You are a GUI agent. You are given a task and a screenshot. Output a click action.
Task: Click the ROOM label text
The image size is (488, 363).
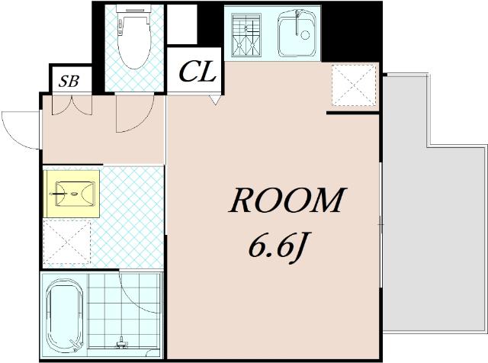(287, 200)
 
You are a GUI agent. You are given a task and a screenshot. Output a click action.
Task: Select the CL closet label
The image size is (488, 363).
(197, 72)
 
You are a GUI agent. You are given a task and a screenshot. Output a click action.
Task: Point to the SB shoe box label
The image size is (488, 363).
(69, 81)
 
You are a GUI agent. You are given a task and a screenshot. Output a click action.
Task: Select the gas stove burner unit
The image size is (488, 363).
(246, 34)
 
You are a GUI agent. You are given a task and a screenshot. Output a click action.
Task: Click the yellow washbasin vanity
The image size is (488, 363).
(72, 194)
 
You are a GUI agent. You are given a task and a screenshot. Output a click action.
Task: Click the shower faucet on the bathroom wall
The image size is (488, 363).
(122, 342)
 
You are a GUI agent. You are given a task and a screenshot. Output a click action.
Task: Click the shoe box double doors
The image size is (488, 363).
(72, 104)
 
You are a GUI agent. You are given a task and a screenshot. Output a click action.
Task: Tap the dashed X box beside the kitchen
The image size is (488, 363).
(354, 85)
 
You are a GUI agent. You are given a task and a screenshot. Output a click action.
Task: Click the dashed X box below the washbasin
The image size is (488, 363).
(67, 243)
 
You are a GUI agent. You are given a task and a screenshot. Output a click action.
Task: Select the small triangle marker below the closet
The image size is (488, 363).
(215, 100)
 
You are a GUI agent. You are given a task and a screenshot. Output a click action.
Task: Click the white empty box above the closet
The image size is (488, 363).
(182, 24)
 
